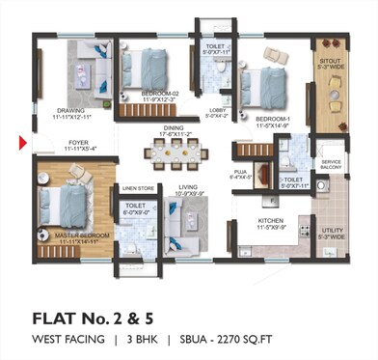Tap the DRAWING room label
point(70,110)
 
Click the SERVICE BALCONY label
point(332,163)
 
